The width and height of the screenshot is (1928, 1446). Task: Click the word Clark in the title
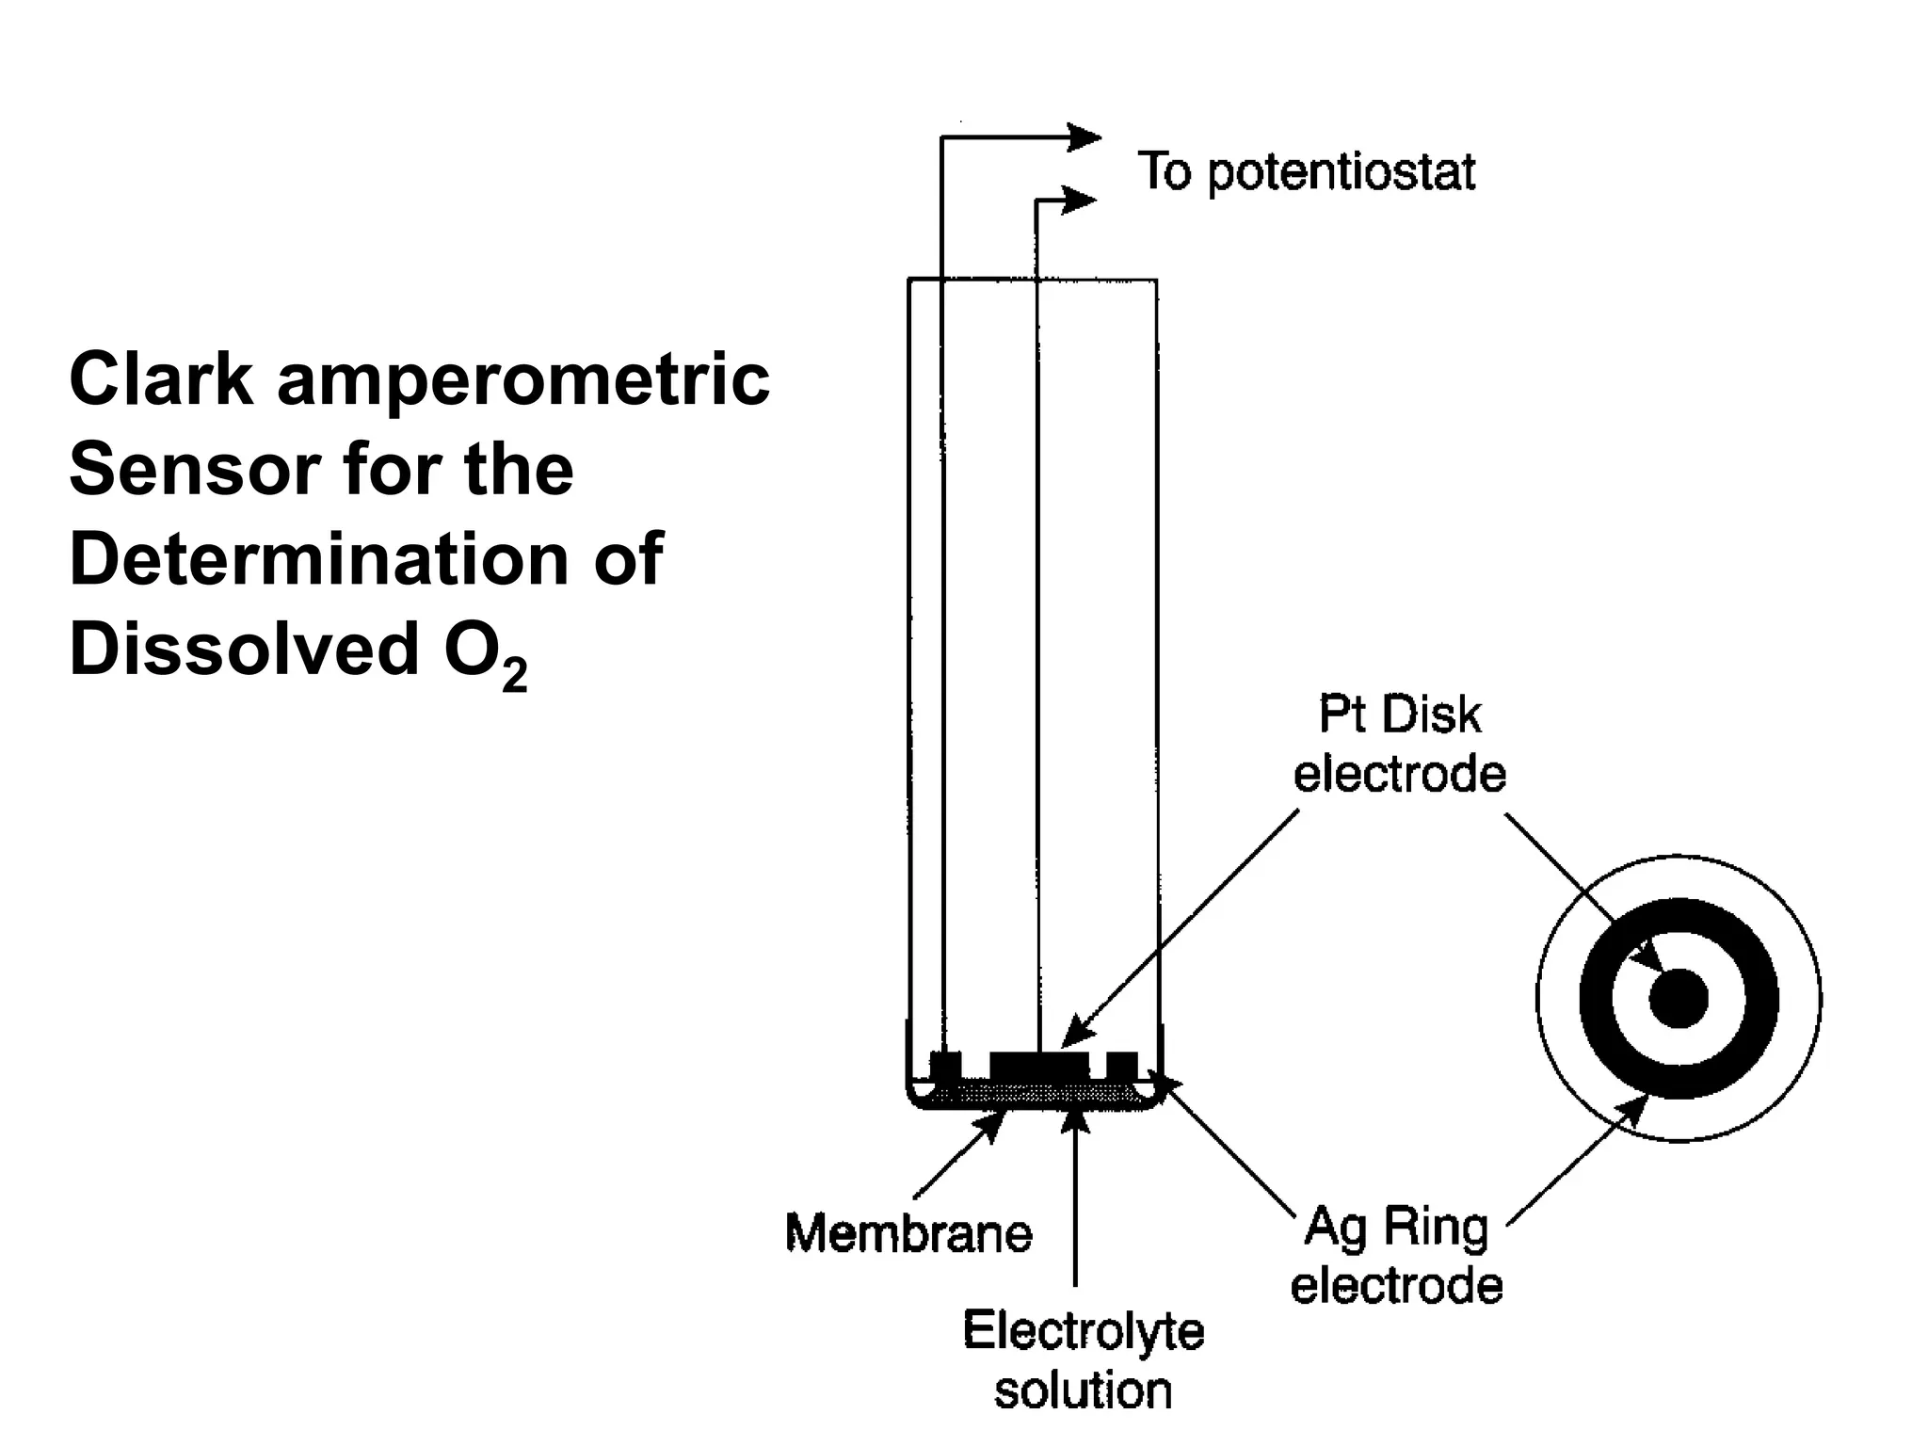coord(161,380)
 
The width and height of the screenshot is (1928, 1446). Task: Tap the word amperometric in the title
coord(523,382)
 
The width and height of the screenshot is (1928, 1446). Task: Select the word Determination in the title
coord(317,559)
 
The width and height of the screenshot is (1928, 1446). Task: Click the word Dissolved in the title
coord(244,649)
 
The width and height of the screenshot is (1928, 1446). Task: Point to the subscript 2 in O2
coord(514,675)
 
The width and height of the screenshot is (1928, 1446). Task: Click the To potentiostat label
coord(1306,172)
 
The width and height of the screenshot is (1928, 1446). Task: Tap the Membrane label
coord(908,1233)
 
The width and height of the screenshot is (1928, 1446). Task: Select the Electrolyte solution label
coord(1083,1361)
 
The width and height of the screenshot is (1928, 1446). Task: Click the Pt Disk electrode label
coord(1399,745)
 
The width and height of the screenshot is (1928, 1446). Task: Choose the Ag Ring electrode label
coord(1397,1257)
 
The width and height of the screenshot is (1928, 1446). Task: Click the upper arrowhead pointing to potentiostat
coord(1084,138)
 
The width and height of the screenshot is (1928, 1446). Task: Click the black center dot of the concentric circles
coord(1678,999)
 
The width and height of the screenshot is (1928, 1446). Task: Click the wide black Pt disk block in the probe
coord(1039,1067)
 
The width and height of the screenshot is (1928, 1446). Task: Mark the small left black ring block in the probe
coord(945,1066)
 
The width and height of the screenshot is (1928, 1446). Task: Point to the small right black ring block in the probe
coord(1121,1066)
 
